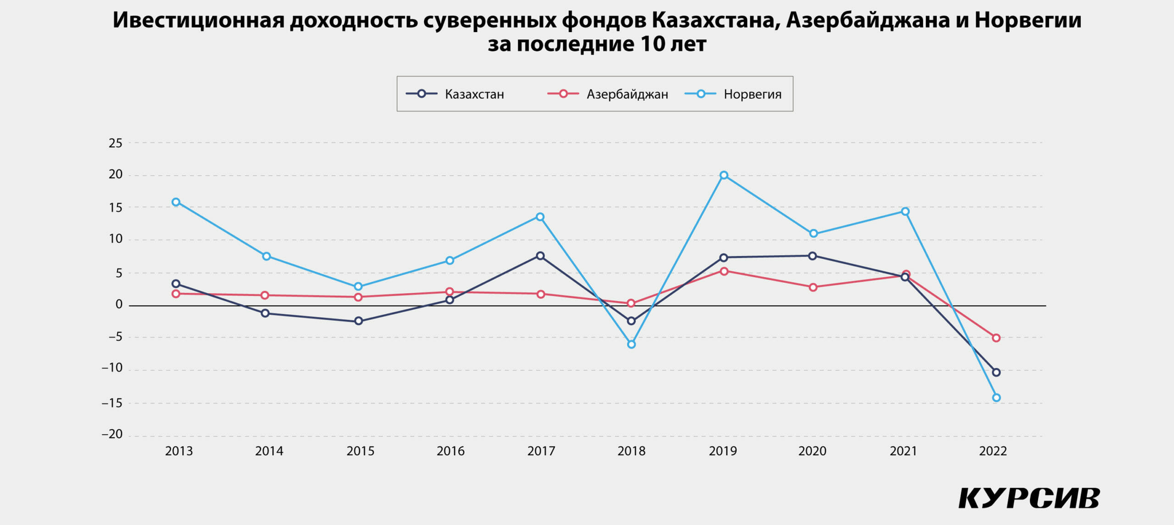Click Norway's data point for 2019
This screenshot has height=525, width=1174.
click(724, 175)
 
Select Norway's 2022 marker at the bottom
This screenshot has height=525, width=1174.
click(996, 397)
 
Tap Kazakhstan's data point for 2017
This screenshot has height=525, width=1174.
click(540, 256)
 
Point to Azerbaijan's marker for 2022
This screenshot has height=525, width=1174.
click(996, 338)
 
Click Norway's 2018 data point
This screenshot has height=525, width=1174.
click(631, 344)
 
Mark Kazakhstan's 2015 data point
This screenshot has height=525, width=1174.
click(359, 321)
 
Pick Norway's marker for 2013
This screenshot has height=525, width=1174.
click(176, 202)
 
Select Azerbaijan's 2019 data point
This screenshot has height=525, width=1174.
click(724, 271)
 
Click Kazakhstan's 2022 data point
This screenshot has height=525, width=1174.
click(996, 372)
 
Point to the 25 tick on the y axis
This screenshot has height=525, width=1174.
click(116, 143)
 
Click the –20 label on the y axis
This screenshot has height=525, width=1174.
click(112, 434)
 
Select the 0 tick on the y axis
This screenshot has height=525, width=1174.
click(119, 304)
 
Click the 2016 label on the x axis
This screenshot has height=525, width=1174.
click(450, 451)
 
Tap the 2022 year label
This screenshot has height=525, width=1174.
click(993, 451)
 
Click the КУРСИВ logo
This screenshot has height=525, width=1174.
click(1029, 498)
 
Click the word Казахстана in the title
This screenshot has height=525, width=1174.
click(716, 21)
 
